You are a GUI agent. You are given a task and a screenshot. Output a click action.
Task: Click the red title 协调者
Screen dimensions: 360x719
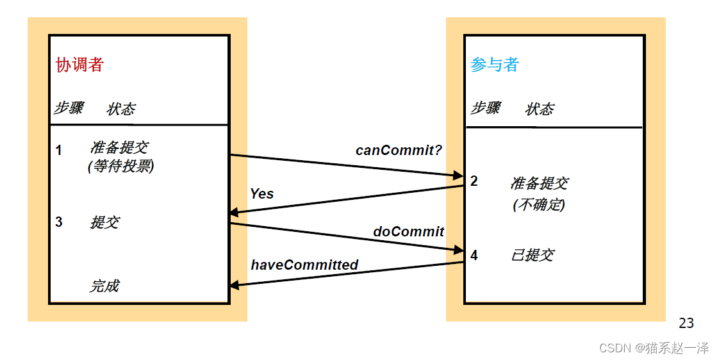point(79,65)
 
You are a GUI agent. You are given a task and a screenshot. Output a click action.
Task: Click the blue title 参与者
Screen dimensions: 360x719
point(494,65)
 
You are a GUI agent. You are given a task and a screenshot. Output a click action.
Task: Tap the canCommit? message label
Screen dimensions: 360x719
point(399,151)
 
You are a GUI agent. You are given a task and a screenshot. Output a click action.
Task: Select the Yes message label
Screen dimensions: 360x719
point(261,193)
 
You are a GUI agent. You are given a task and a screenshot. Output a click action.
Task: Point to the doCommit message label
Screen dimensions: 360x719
point(408,231)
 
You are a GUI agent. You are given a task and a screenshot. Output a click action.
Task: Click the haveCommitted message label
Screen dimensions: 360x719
point(304,265)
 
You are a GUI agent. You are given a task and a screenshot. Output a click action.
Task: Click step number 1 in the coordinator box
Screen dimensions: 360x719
point(59,151)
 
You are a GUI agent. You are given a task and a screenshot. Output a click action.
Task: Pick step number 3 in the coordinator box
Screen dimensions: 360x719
point(59,222)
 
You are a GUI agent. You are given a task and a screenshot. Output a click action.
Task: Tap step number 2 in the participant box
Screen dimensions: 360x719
point(474,181)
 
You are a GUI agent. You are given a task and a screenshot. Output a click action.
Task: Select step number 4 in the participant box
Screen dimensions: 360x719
point(474,256)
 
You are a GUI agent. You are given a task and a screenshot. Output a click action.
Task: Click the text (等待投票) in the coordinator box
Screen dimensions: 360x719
point(120,167)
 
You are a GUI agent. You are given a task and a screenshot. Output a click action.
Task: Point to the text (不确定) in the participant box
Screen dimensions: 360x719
point(539,205)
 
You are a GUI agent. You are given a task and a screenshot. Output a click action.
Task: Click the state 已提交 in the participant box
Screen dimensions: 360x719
point(532,255)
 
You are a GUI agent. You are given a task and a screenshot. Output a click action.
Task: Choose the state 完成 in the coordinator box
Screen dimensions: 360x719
point(104,286)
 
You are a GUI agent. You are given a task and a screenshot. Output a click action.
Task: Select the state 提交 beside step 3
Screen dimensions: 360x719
point(104,222)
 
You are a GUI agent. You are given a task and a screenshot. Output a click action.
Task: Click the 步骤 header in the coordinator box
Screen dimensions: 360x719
point(68,108)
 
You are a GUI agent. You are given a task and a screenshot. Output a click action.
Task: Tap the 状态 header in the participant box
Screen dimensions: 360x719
point(540,110)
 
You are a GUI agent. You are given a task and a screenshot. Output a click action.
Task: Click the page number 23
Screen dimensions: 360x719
point(686,323)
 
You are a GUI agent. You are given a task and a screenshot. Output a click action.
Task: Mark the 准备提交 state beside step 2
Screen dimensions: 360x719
point(539,183)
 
